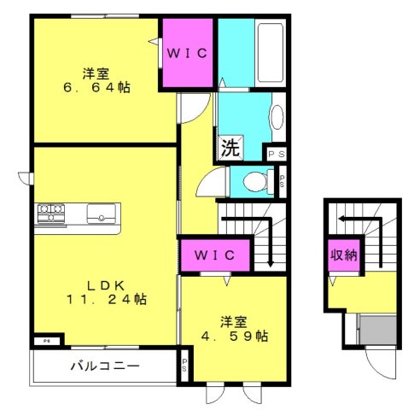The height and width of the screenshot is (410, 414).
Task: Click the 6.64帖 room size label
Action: (96, 87)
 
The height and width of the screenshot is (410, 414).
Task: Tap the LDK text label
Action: (106, 285)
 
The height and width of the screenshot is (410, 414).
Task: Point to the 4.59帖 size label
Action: (235, 337)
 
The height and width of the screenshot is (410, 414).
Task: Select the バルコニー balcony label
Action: (105, 366)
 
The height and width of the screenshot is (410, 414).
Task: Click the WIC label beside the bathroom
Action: (187, 53)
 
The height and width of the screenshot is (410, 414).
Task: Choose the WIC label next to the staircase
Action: (215, 255)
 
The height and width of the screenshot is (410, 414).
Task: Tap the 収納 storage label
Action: (343, 255)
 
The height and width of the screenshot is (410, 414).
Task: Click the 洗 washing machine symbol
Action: (231, 148)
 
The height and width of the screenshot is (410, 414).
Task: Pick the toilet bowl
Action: (255, 182)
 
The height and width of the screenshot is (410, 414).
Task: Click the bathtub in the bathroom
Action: (271, 53)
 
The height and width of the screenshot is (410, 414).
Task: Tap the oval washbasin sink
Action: (277, 117)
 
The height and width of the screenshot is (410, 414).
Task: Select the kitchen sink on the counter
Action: (102, 214)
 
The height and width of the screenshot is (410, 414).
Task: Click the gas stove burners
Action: (51, 213)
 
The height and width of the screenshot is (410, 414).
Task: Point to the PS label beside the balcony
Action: (184, 365)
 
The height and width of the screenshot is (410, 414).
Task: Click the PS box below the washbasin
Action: (277, 155)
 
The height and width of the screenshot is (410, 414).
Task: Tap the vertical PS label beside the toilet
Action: (282, 181)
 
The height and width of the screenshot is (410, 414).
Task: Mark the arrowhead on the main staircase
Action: (271, 264)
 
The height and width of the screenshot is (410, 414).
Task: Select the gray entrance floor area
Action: (378, 330)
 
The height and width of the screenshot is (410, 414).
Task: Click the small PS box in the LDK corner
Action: (47, 341)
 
